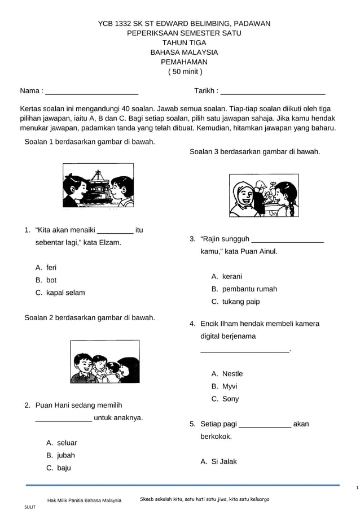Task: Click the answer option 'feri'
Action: point(51,267)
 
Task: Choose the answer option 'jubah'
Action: point(66,455)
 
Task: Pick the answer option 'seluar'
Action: point(67,443)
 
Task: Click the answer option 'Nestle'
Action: point(232,374)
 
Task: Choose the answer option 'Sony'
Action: point(230,399)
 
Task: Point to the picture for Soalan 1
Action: point(98,185)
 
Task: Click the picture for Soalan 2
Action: point(104,361)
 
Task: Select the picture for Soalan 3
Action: point(264,195)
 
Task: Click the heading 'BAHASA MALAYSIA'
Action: point(184,52)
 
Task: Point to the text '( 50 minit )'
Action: point(184,72)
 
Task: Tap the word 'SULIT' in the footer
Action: point(29,507)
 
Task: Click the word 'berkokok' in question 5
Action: point(216,437)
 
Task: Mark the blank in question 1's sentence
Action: point(116,230)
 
